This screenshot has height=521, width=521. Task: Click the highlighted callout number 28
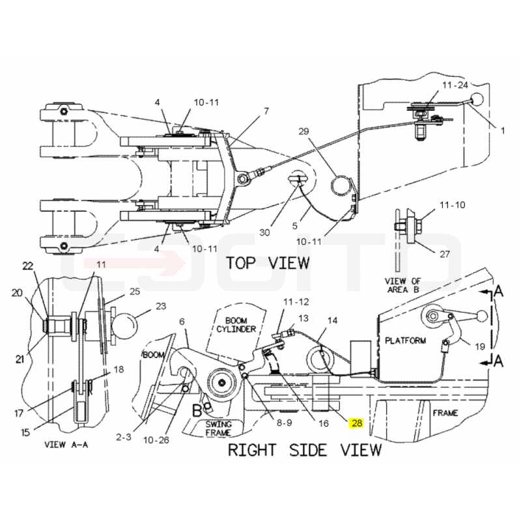pyautogui.click(x=356, y=423)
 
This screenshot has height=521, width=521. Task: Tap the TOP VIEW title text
pyautogui.click(x=268, y=263)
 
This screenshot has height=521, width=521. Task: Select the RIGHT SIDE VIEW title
pyautogui.click(x=305, y=450)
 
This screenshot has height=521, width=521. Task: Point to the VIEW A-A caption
pyautogui.click(x=66, y=445)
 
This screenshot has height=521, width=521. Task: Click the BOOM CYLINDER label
pyautogui.click(x=236, y=325)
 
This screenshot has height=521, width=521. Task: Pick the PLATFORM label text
pyautogui.click(x=405, y=340)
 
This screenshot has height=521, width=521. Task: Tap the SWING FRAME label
pyautogui.click(x=218, y=429)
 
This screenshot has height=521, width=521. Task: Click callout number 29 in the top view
pyautogui.click(x=303, y=132)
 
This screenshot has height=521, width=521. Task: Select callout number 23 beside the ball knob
pyautogui.click(x=161, y=305)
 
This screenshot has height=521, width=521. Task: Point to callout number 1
pyautogui.click(x=502, y=131)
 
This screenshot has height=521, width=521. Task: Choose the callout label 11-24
pyautogui.click(x=455, y=85)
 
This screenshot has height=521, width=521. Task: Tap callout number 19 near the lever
pyautogui.click(x=479, y=347)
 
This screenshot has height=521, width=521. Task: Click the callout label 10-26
pyautogui.click(x=156, y=440)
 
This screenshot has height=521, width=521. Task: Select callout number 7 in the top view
pyautogui.click(x=266, y=111)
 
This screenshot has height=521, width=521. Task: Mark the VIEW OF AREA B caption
pyautogui.click(x=402, y=285)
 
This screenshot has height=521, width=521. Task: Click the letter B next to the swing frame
pyautogui.click(x=197, y=411)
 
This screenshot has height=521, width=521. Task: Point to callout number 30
pyautogui.click(x=264, y=232)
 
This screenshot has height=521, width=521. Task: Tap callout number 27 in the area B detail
pyautogui.click(x=445, y=254)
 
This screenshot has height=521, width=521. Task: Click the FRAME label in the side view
pyautogui.click(x=445, y=413)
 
